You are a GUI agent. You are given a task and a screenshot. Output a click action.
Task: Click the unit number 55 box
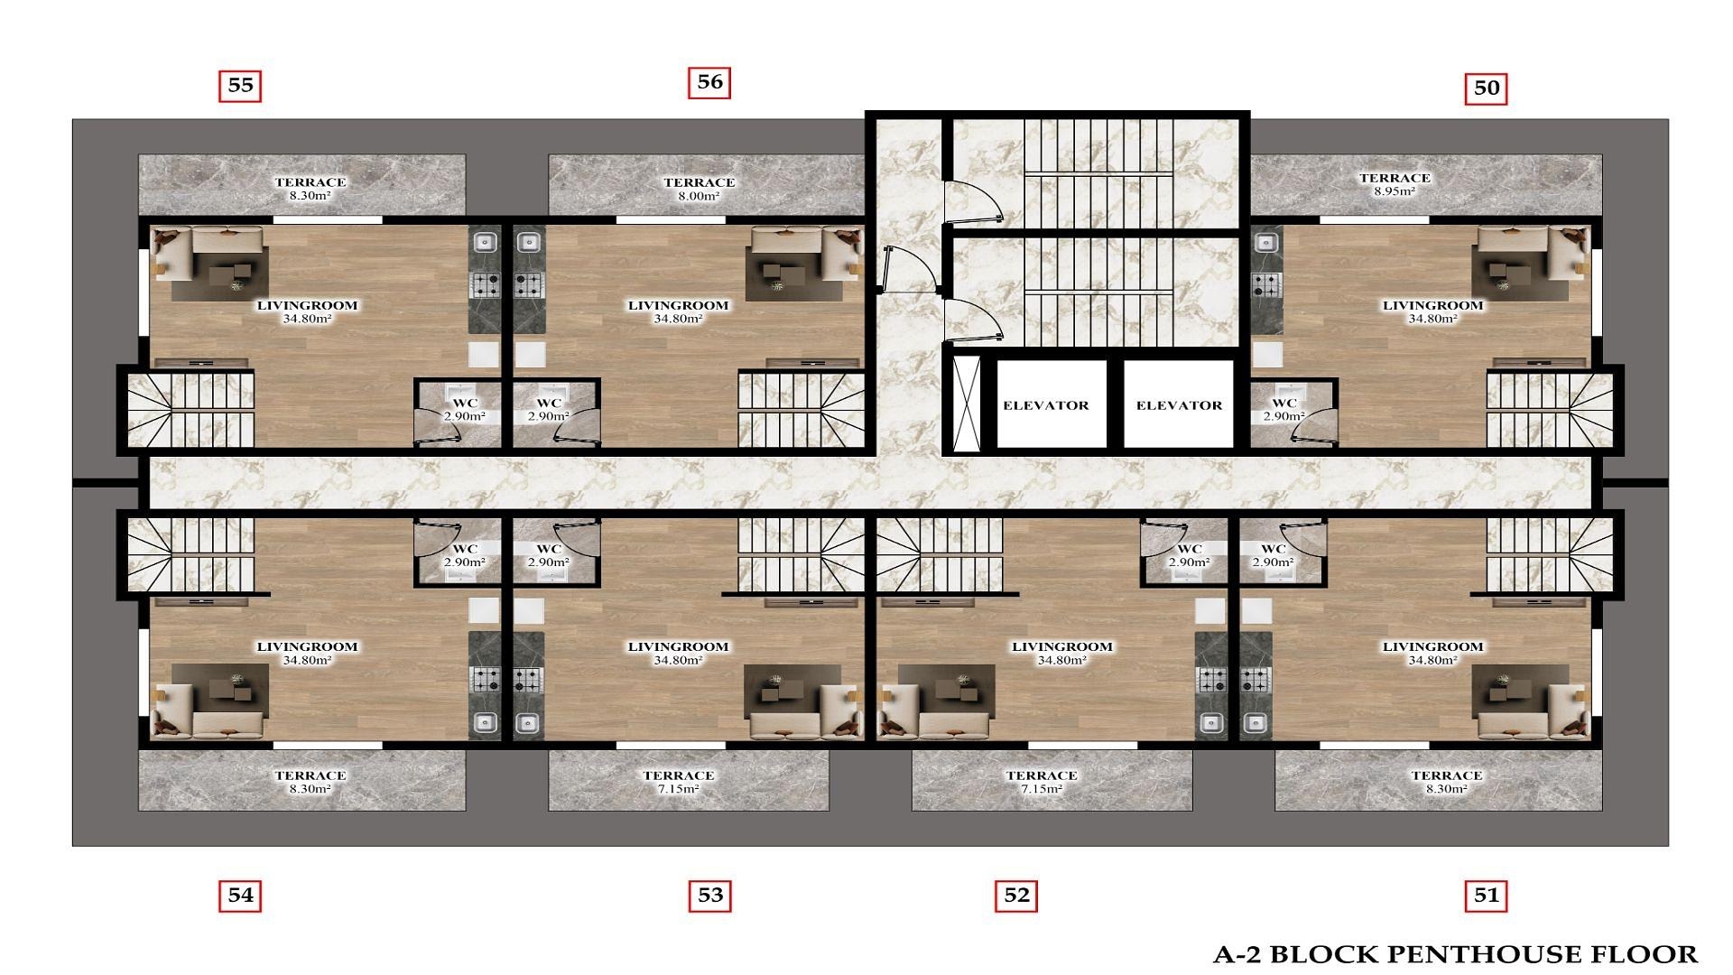(x=240, y=86)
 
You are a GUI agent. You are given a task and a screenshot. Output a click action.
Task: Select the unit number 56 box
(x=709, y=82)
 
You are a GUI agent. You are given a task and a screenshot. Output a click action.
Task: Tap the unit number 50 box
(x=1486, y=88)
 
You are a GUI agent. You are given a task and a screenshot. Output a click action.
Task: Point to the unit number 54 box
(x=240, y=896)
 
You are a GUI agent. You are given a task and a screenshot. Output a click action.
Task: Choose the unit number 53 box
(x=710, y=896)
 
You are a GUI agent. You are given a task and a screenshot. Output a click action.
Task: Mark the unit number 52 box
(x=1016, y=896)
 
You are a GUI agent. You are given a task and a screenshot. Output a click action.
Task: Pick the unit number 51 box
(x=1486, y=896)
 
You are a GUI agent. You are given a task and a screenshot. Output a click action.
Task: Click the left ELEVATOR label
(x=1046, y=405)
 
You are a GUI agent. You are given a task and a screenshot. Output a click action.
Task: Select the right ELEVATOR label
(x=1179, y=405)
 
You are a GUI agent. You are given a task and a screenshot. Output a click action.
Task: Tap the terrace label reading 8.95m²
(x=1395, y=184)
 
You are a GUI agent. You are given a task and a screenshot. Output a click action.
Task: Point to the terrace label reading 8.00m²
(x=699, y=188)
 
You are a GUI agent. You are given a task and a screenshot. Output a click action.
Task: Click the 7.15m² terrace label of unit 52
(x=1041, y=782)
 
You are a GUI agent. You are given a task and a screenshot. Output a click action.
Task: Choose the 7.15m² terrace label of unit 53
(x=678, y=782)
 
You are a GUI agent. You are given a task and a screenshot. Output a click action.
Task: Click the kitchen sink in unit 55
(x=485, y=242)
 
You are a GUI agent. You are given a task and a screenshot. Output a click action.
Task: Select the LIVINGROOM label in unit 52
(x=1061, y=653)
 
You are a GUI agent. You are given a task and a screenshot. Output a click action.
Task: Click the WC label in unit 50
(x=1284, y=409)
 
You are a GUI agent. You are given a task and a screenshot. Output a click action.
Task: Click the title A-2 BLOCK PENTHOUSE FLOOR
(x=1454, y=954)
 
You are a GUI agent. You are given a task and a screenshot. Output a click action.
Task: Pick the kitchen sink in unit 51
(x=1255, y=722)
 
